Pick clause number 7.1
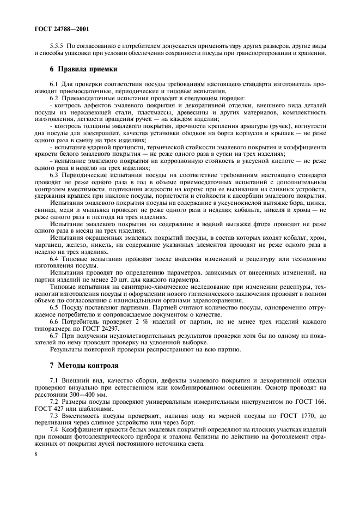click(55, 380)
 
